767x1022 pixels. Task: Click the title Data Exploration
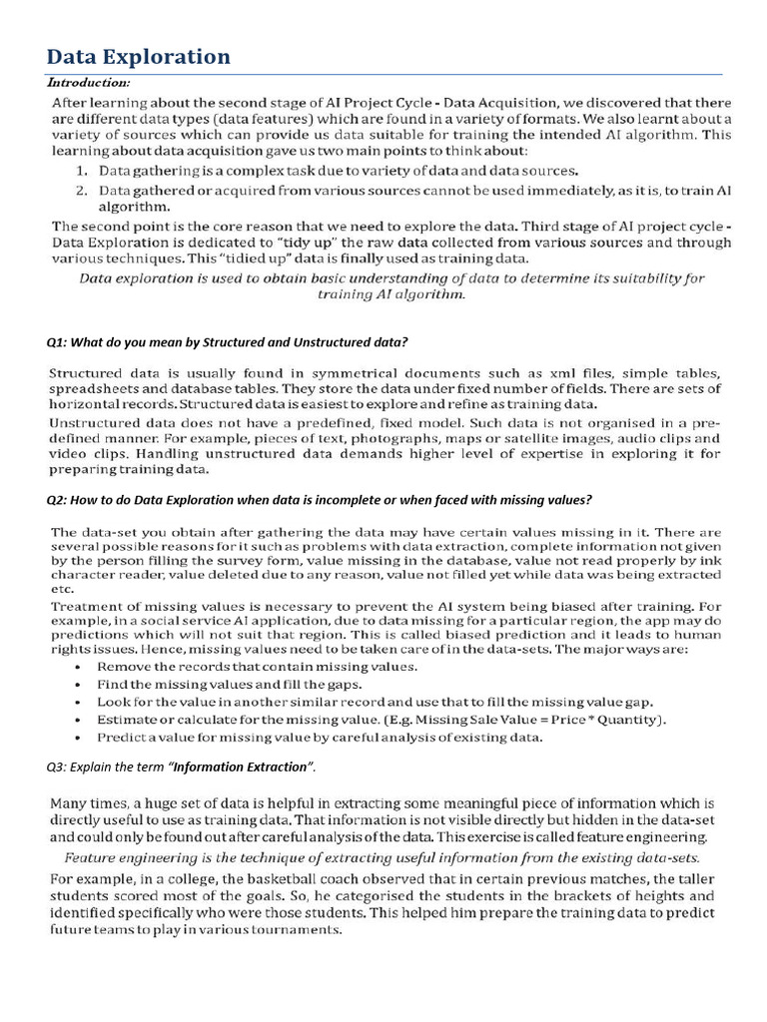coord(140,56)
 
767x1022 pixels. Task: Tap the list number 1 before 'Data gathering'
coord(82,171)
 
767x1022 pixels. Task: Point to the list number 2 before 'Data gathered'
coord(82,190)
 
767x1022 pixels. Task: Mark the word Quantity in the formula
coord(631,720)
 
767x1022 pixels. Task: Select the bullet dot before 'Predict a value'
coord(79,738)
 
